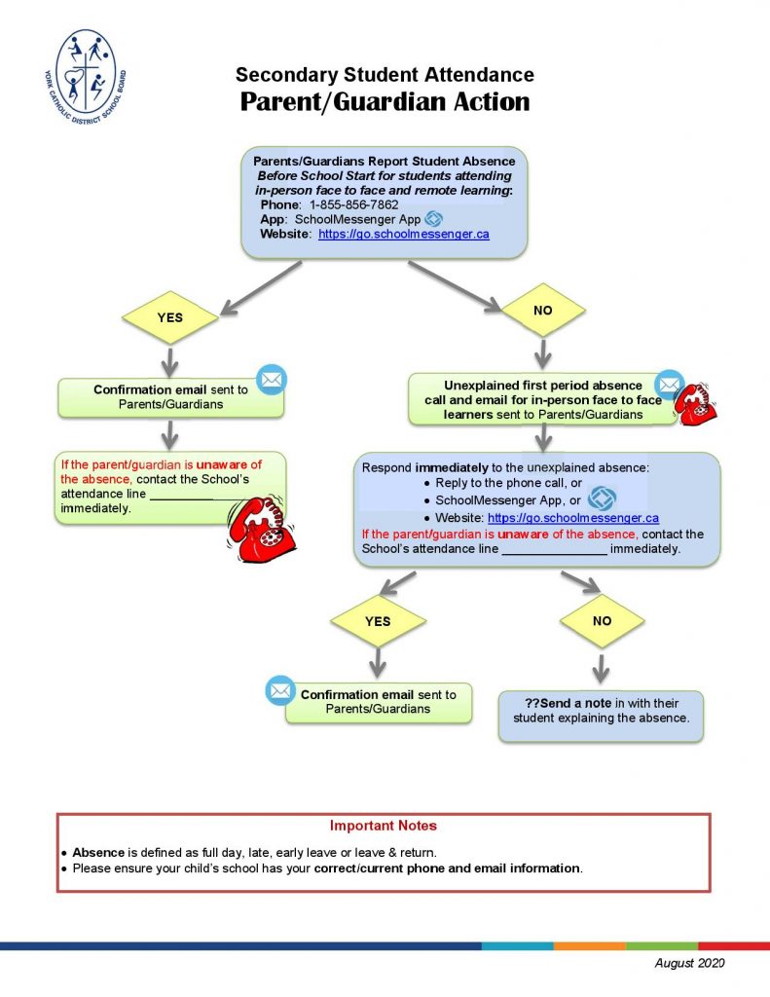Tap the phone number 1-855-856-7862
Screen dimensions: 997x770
[353, 205]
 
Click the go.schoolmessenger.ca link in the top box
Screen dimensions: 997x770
[403, 235]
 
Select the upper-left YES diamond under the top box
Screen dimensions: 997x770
[169, 317]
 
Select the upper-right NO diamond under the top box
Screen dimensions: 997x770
[543, 310]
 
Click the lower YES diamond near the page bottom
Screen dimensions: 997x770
[378, 621]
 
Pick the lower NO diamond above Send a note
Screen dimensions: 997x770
[602, 620]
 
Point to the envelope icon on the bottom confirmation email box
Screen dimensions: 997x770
[280, 690]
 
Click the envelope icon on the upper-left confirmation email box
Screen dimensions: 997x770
[272, 379]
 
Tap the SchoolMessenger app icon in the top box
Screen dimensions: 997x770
[434, 219]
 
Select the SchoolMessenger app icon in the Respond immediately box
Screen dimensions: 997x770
[603, 498]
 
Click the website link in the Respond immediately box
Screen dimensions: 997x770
[572, 519]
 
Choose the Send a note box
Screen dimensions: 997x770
[601, 717]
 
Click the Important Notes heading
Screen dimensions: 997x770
[384, 826]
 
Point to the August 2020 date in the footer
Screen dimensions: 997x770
[689, 963]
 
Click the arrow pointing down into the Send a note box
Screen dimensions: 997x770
[602, 668]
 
